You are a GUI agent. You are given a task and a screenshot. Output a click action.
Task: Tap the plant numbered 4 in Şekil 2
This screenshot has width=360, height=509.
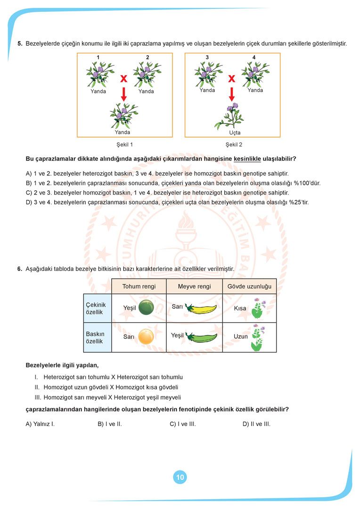tap(255, 73)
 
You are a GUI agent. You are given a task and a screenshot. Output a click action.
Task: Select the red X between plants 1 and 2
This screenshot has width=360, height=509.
tap(123, 79)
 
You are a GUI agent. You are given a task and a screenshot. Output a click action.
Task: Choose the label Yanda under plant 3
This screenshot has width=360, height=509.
tap(207, 90)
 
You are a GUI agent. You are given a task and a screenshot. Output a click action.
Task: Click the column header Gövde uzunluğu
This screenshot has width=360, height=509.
tap(249, 287)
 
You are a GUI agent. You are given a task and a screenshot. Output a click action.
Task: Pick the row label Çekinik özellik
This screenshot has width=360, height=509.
tap(95, 308)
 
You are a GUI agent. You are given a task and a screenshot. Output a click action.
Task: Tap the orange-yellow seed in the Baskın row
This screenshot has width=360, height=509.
tap(146, 337)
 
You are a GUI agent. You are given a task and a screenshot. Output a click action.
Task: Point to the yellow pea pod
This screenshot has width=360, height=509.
tap(201, 309)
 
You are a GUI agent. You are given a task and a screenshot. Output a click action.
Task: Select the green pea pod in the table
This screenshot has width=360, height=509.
tap(202, 337)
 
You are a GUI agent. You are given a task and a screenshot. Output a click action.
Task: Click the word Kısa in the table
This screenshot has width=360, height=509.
tap(240, 308)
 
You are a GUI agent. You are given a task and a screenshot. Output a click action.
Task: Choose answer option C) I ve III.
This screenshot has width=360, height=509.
tap(183, 424)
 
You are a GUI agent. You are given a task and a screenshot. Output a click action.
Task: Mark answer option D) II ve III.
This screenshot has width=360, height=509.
tap(256, 424)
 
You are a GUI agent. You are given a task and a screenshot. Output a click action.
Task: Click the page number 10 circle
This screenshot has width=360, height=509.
tap(180, 477)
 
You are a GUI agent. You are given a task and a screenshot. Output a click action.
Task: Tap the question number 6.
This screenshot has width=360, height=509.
tap(20, 269)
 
